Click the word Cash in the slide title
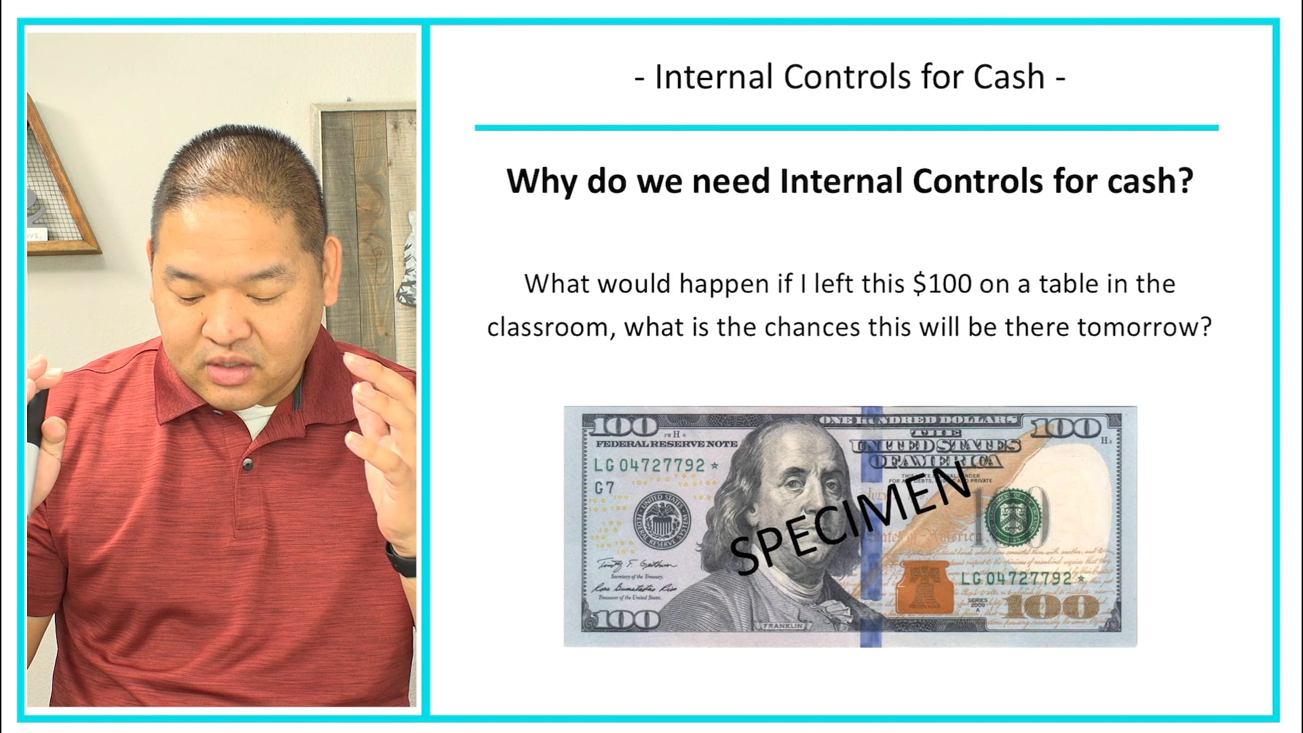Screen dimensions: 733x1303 1008,77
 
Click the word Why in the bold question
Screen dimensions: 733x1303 542,181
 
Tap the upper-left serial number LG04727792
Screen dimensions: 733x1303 650,466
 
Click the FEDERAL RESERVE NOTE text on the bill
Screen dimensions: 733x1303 666,444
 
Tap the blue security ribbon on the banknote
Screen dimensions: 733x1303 871,526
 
